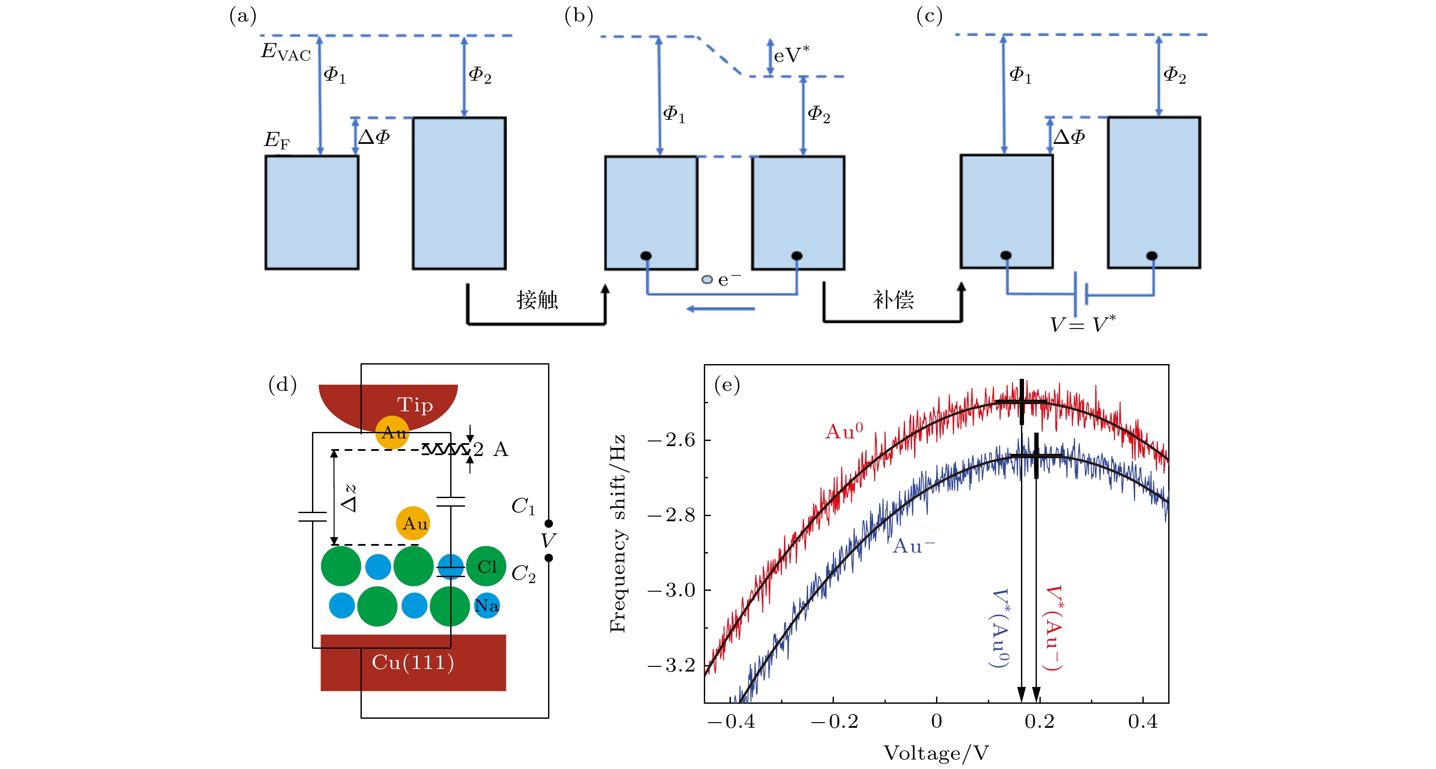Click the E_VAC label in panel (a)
(285, 52)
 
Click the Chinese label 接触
(537, 300)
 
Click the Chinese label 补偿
(893, 300)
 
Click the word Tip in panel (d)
(415, 405)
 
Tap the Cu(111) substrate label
(413, 663)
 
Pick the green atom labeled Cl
(487, 567)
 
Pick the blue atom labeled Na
(487, 605)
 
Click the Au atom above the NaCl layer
(413, 524)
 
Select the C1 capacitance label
(523, 506)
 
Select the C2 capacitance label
(523, 573)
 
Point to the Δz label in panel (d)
(349, 498)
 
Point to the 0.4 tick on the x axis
(1143, 722)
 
